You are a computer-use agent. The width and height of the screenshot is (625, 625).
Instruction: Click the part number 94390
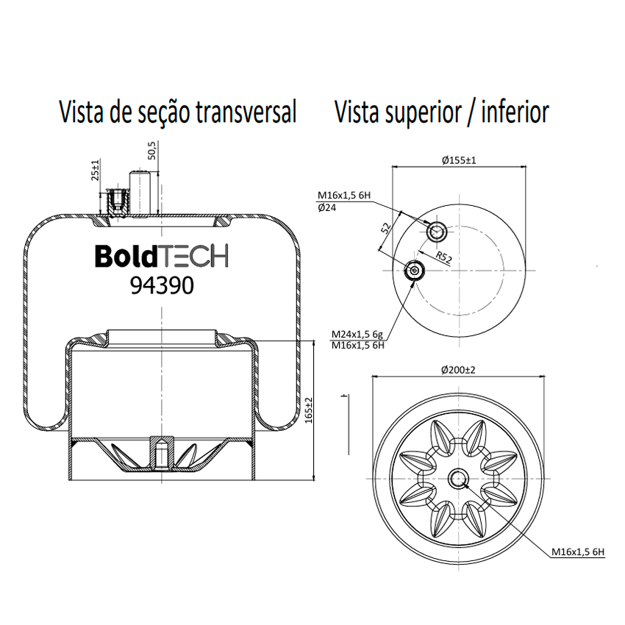[x=162, y=286]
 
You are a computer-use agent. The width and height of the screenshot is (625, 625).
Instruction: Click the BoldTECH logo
[x=162, y=256]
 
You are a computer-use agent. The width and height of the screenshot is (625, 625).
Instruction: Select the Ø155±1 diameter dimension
[x=459, y=160]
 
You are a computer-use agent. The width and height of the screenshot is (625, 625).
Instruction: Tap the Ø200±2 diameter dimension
[x=458, y=370]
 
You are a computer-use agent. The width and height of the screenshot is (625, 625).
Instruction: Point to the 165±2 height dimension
[x=309, y=410]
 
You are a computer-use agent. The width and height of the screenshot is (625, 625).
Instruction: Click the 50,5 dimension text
[x=152, y=150]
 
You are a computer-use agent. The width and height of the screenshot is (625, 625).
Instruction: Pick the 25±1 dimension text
[x=95, y=170]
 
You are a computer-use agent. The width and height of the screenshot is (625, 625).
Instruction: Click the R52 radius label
[x=443, y=257]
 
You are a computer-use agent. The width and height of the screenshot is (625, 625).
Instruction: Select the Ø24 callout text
[x=327, y=207]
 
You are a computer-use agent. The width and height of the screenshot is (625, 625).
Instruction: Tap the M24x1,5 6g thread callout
[x=357, y=334]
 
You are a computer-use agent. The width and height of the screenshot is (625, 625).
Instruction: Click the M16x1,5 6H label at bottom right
[x=578, y=552]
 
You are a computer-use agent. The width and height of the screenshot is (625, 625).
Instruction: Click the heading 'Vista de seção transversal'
[x=178, y=112]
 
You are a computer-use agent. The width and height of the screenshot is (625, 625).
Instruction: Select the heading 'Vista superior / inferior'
[x=442, y=112]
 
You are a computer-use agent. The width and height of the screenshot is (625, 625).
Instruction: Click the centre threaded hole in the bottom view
[x=458, y=479]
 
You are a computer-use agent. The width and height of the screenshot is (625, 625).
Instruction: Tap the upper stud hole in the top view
[x=437, y=231]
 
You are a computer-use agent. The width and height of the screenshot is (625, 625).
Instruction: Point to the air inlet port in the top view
[x=415, y=271]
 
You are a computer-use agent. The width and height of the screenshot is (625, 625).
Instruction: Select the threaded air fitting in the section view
[x=116, y=203]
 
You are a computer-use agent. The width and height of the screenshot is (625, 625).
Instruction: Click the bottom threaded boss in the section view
[x=162, y=453]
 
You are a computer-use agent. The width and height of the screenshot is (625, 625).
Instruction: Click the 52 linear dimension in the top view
[x=386, y=229]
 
